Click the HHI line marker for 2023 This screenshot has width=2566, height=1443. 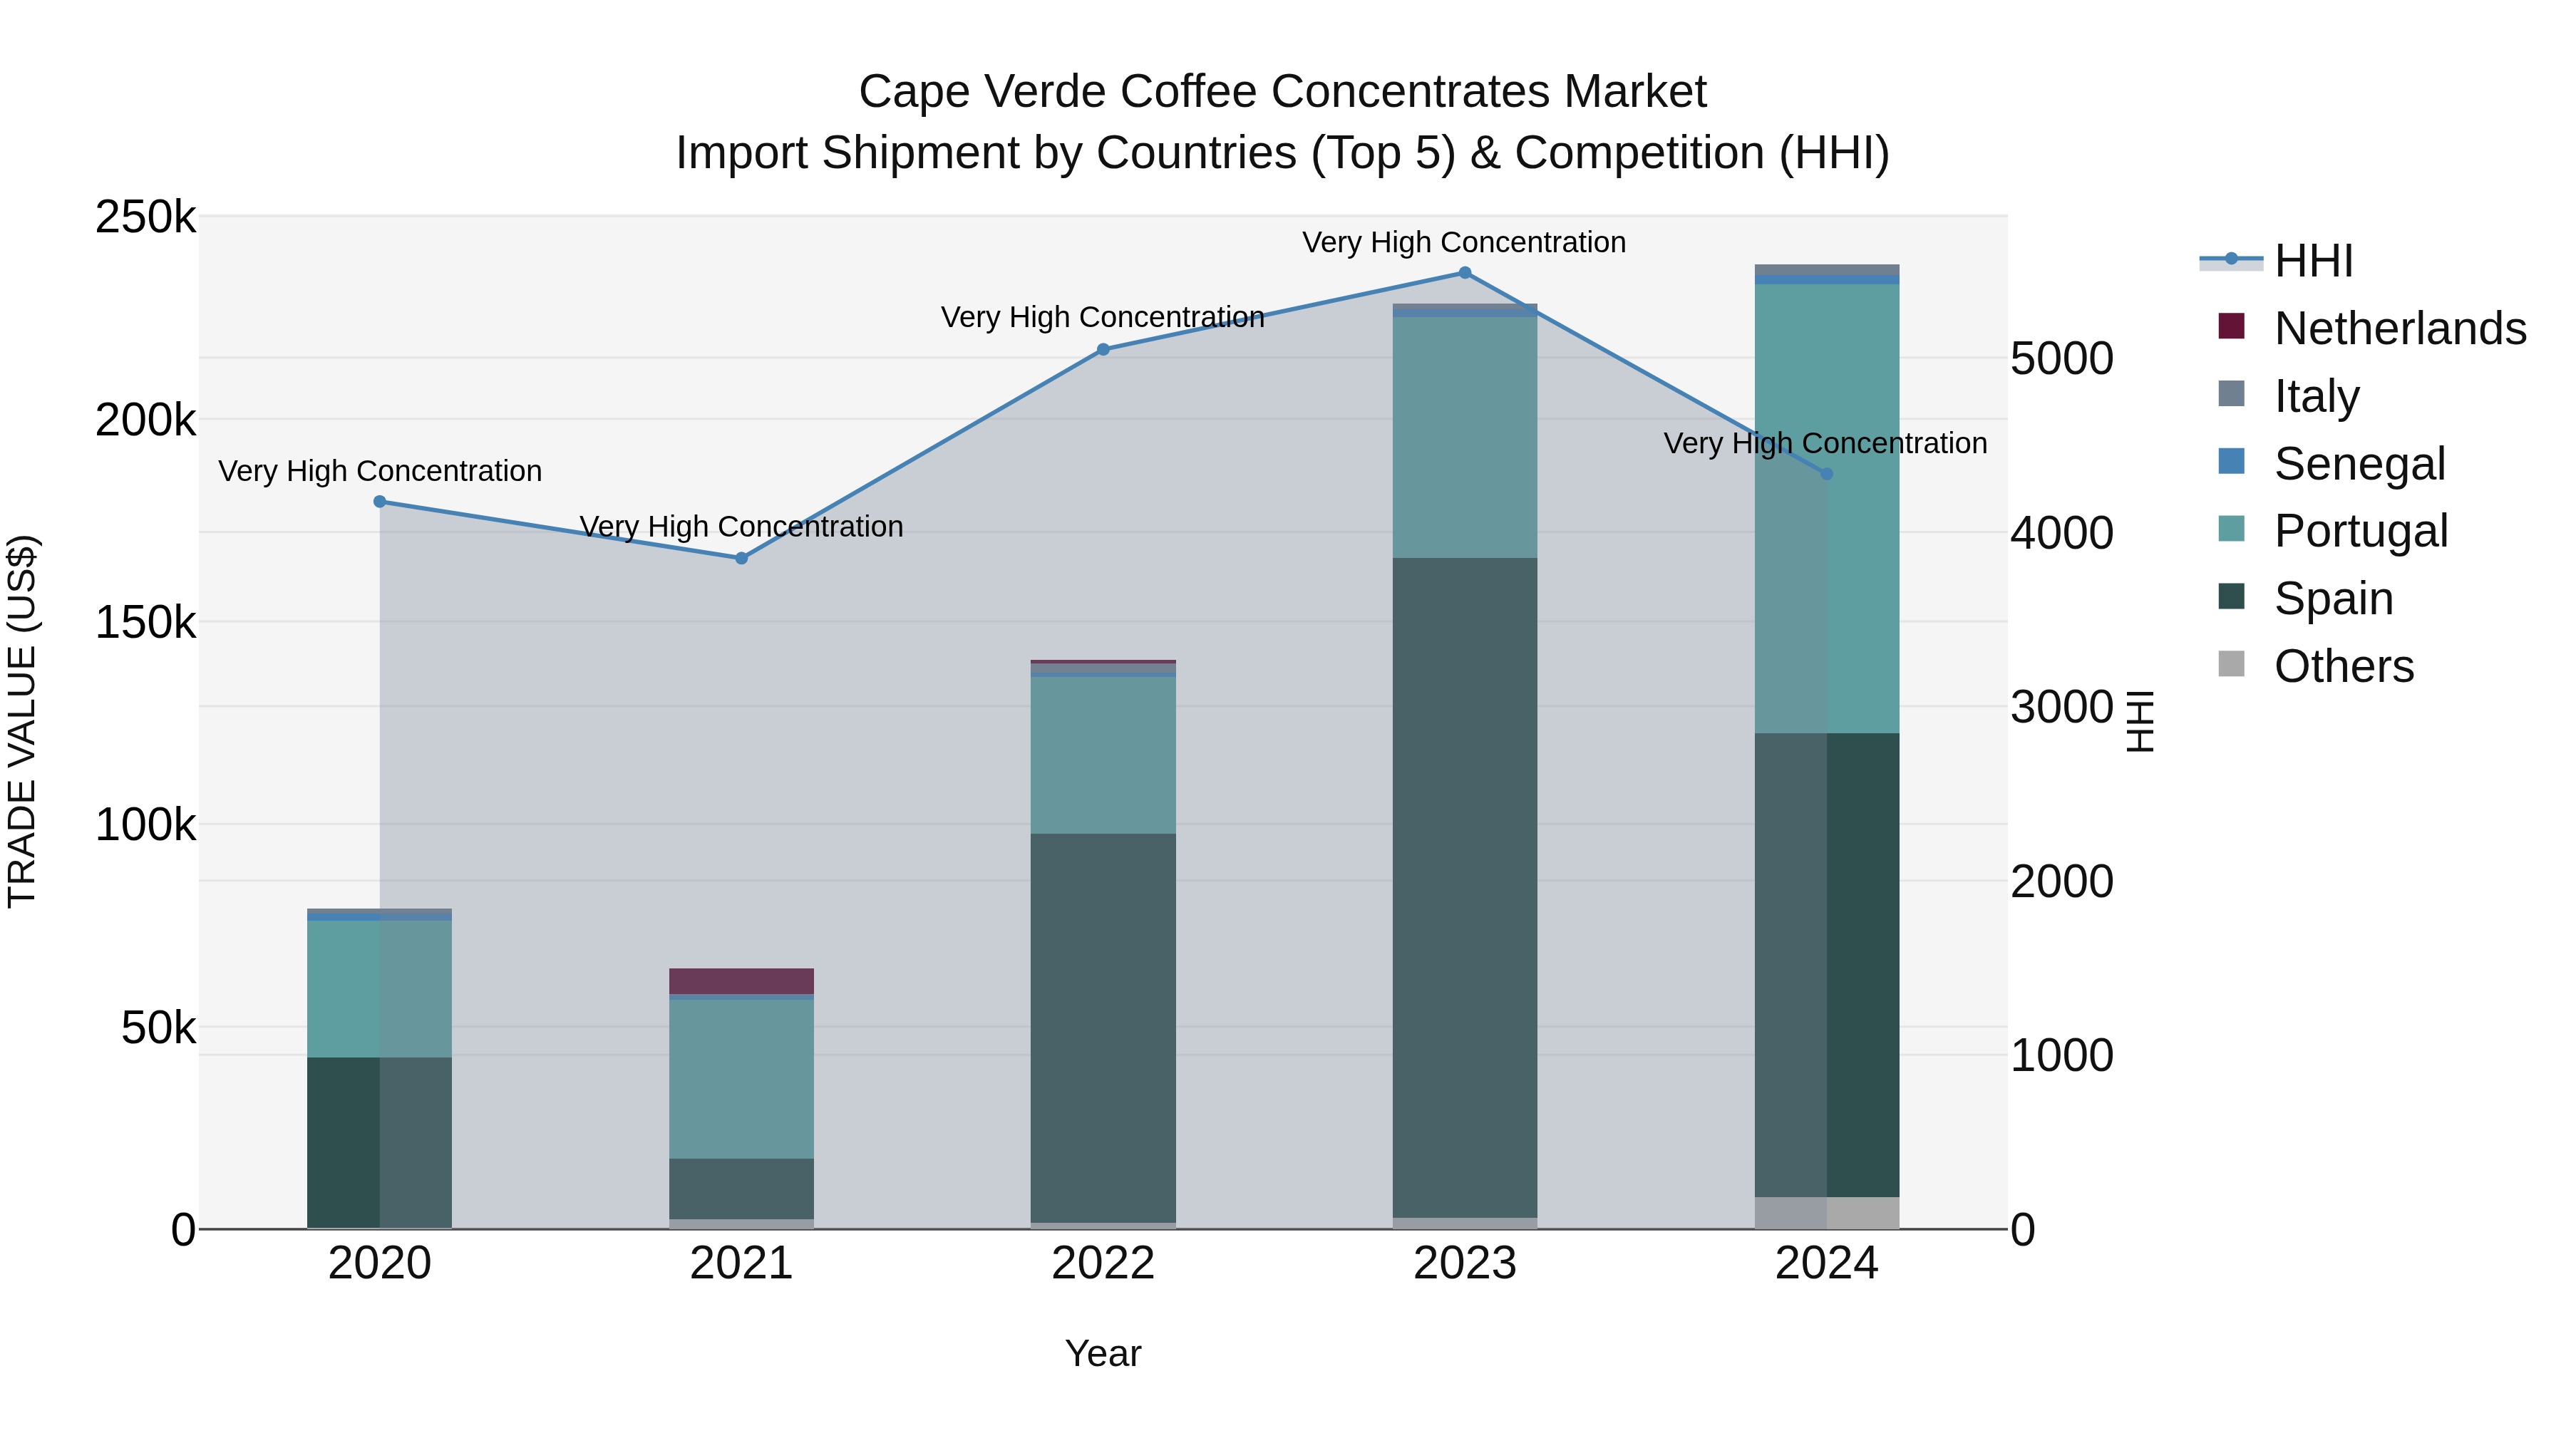[1464, 273]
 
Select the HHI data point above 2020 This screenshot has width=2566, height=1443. [379, 502]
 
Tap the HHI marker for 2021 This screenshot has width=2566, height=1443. [741, 559]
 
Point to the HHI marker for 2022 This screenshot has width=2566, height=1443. [1103, 350]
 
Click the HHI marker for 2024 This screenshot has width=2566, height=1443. [1826, 474]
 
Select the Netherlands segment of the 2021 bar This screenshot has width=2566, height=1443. [741, 981]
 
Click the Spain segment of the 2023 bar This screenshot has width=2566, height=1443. [1464, 886]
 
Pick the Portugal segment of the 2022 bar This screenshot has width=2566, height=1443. [1103, 755]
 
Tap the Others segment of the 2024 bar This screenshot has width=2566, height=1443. [1826, 1212]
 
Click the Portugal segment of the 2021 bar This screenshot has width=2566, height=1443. [741, 1079]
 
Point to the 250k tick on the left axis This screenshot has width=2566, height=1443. [145, 217]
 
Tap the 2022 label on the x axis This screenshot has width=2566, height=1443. [1103, 1263]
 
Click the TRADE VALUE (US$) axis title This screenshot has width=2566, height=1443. [22, 721]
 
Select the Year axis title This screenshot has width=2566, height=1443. [1103, 1353]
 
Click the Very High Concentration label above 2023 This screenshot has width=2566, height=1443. [1463, 242]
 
